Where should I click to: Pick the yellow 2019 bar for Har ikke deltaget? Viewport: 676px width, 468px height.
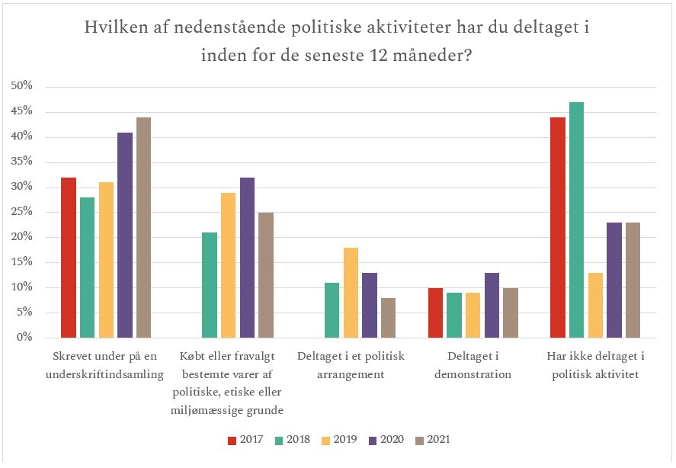(x=594, y=305)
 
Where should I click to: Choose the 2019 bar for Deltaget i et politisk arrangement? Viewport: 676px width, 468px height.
(x=351, y=293)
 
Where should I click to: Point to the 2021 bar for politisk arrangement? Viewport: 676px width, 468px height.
(x=388, y=318)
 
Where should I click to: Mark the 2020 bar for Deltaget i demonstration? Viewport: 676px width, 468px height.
(x=492, y=305)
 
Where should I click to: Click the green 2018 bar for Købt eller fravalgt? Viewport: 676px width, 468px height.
(x=210, y=285)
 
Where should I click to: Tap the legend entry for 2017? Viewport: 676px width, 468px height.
(x=246, y=440)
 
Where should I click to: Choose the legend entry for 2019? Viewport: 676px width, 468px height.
(x=341, y=440)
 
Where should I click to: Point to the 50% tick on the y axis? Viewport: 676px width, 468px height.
(x=21, y=86)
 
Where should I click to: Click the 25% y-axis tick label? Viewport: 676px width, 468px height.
(x=21, y=212)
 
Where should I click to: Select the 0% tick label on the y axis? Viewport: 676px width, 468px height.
(x=24, y=338)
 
